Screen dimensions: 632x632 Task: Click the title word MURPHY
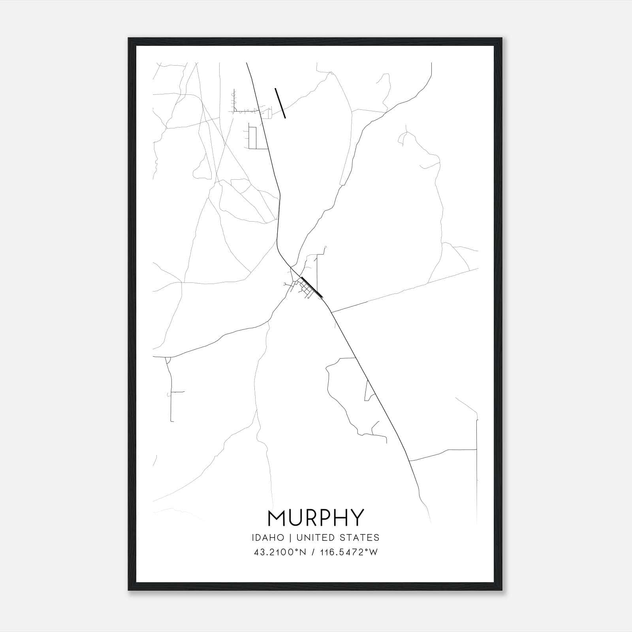(316, 518)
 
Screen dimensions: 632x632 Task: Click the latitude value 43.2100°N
(280, 552)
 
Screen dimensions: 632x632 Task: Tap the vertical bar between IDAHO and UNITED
(290, 538)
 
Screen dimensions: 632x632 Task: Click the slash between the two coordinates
(312, 552)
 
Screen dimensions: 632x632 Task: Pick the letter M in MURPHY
(276, 518)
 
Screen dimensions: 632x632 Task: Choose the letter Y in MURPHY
(357, 518)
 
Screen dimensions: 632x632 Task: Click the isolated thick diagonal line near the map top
(280, 103)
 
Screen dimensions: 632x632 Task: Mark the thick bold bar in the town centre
(312, 287)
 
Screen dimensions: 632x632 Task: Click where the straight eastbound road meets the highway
(331, 312)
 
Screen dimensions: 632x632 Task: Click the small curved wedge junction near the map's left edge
(167, 360)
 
